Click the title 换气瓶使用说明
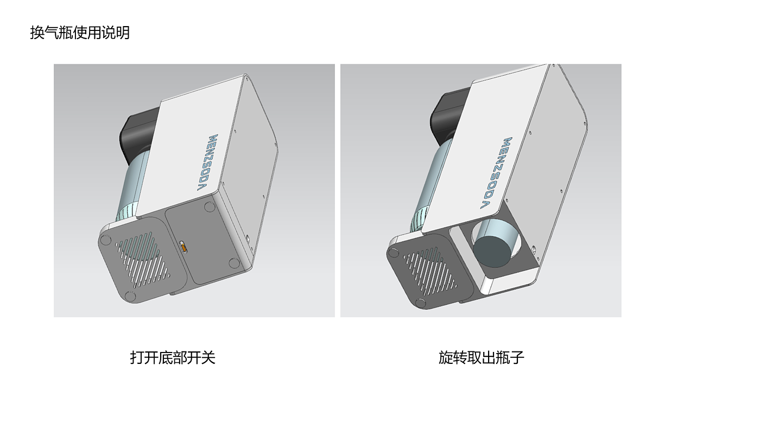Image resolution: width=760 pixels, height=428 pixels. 80,33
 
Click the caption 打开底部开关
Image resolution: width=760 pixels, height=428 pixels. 173,357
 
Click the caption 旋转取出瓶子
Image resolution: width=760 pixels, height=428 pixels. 481,357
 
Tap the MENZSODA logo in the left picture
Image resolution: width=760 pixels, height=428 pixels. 207,162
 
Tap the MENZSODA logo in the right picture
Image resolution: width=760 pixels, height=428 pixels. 498,173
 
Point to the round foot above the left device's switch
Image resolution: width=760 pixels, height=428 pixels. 210,207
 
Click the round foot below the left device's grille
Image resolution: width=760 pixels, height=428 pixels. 130,296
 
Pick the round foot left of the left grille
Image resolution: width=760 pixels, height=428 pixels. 104,240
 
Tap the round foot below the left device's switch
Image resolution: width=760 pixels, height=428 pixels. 234,263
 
